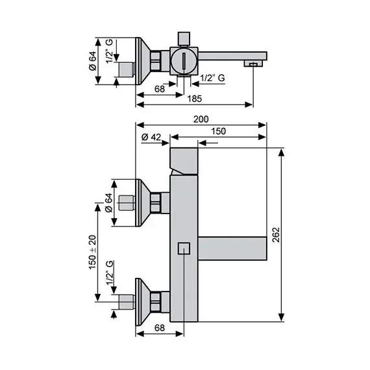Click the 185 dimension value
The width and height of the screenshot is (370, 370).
click(x=194, y=99)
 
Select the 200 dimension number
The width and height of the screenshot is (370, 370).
click(x=201, y=119)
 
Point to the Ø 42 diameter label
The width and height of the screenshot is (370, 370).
click(x=151, y=137)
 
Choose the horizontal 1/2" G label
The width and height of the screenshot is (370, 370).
click(x=213, y=79)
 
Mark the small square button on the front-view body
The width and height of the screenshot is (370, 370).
click(x=184, y=248)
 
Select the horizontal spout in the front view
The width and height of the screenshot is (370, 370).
click(x=231, y=248)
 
